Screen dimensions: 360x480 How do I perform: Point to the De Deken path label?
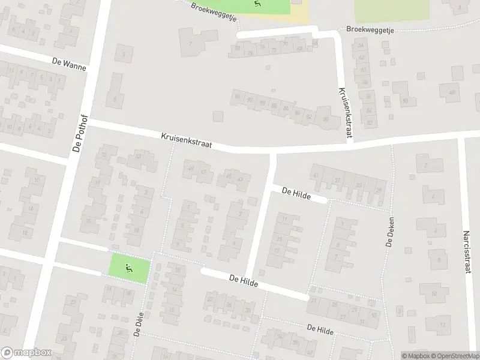tap(389, 232)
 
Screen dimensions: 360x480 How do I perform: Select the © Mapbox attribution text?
tap(413, 356)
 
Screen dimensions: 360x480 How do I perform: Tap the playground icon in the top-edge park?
tap(258, 5)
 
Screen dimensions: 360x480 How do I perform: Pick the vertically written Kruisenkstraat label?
tap(343, 111)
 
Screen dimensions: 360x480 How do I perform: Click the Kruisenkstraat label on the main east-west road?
tap(187, 141)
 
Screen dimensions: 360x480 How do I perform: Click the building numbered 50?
tap(405, 101)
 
